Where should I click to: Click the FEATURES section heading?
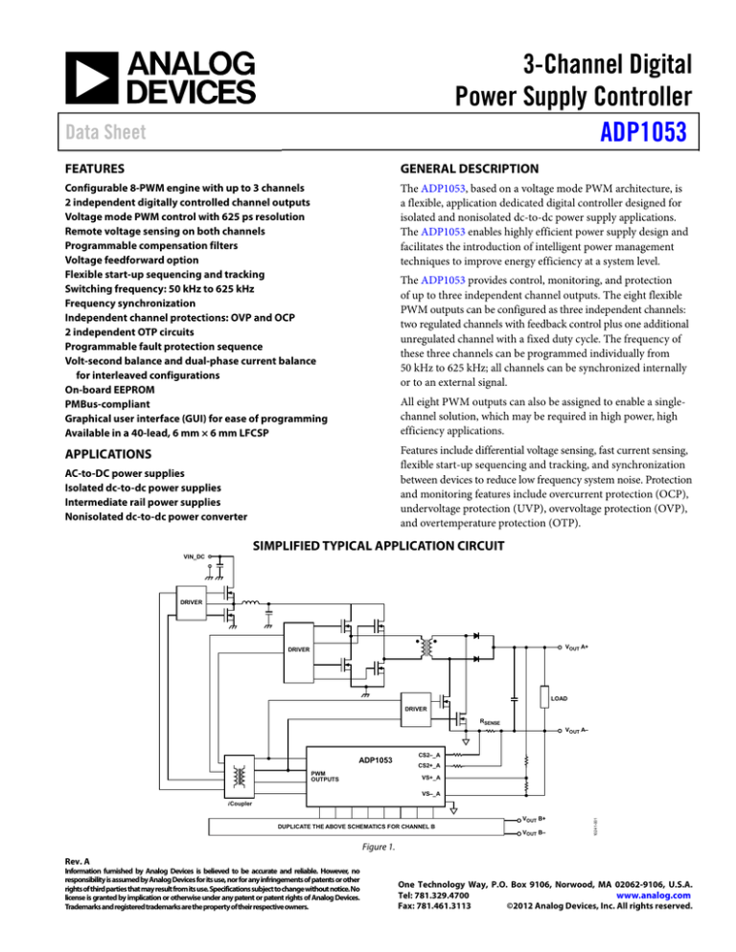click(77, 166)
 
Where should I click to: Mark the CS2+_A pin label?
click(431, 765)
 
